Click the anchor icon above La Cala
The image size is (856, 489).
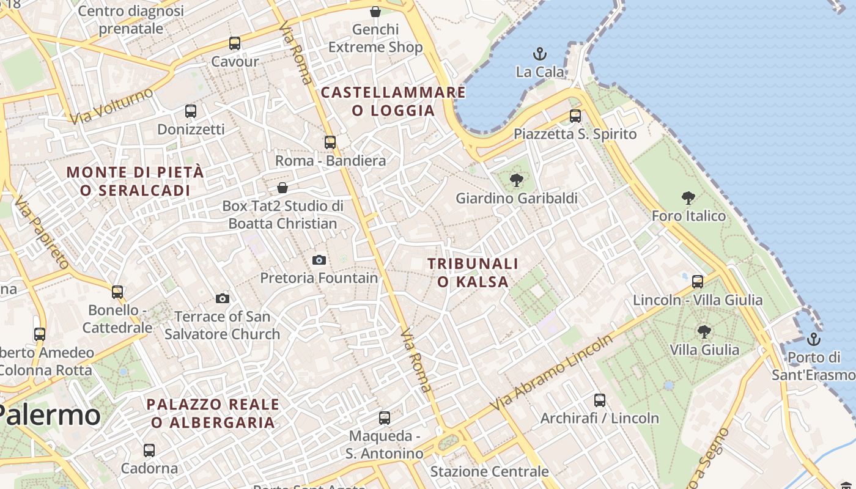point(540,54)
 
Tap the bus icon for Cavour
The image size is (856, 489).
point(235,43)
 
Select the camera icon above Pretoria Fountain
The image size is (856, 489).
point(319,260)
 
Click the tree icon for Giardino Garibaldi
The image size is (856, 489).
point(517,180)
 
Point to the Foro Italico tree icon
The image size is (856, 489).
point(688,198)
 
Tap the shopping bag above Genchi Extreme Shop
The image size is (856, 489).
point(375,12)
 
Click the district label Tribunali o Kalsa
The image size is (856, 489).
point(473,273)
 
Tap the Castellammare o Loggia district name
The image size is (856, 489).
point(393,101)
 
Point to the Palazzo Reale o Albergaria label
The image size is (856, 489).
point(213,413)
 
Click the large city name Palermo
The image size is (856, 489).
point(49,416)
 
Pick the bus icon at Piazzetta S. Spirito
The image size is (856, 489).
point(575,116)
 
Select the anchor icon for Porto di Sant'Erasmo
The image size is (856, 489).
point(813,339)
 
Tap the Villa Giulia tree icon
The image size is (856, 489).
point(704,332)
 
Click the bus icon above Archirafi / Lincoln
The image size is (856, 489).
point(600,400)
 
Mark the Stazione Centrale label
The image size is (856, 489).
point(490,472)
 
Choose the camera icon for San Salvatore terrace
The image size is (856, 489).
point(223,298)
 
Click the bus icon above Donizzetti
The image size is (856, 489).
point(191,111)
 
